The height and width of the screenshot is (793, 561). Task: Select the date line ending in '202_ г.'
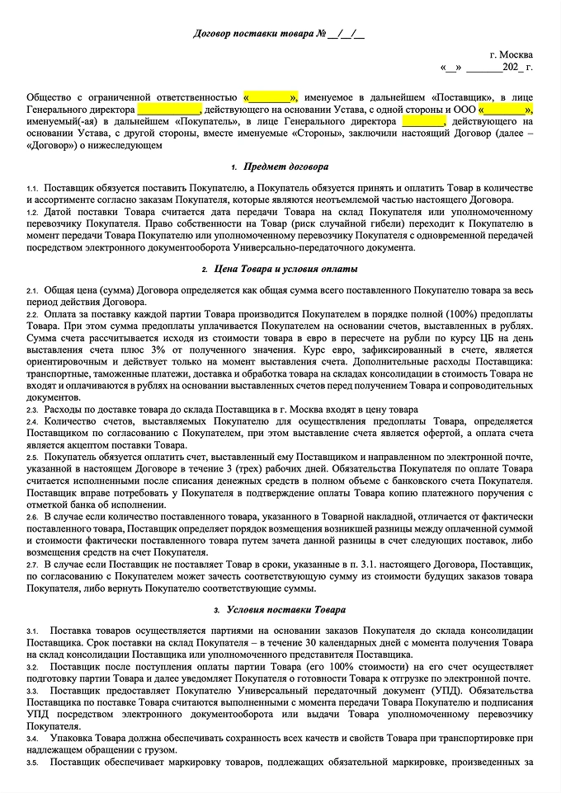point(487,67)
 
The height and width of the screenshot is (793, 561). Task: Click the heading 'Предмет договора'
point(284,167)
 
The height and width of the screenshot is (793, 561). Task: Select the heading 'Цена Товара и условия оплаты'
point(285,270)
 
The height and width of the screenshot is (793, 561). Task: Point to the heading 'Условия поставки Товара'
point(285,610)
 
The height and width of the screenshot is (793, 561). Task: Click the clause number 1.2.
point(32,213)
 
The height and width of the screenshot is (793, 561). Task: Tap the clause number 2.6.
point(32,515)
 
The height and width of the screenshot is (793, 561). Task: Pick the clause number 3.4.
point(32,739)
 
